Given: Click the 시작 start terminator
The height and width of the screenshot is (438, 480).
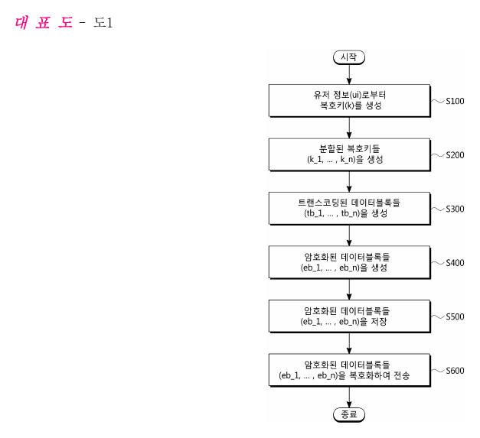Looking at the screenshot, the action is [x=349, y=57].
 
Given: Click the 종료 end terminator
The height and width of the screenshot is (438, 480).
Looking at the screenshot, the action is [x=349, y=415].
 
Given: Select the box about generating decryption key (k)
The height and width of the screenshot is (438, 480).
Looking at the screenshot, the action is [x=350, y=101].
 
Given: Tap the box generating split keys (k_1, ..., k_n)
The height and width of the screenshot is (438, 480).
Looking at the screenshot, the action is [x=350, y=154].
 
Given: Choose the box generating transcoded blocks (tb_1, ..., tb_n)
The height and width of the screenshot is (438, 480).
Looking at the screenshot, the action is [x=350, y=209].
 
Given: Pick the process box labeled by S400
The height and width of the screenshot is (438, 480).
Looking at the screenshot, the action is [x=350, y=262].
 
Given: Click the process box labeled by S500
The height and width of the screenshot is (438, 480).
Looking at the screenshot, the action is [x=350, y=316].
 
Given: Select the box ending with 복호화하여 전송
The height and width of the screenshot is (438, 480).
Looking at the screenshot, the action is [x=350, y=370].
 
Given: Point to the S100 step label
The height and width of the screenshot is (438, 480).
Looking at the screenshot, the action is [x=455, y=101].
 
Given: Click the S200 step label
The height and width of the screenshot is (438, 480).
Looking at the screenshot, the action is [x=455, y=155].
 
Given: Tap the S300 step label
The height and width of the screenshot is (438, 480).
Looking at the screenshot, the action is [x=455, y=209].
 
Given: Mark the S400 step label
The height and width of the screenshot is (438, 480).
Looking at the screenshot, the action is [x=455, y=263].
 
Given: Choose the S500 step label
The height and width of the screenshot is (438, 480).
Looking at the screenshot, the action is [x=455, y=316].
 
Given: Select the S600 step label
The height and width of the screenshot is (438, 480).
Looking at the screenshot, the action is [x=455, y=371].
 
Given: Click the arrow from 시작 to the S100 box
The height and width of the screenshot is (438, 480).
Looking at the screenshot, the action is [x=349, y=75].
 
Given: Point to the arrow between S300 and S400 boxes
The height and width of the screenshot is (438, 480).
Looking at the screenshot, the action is [x=349, y=235].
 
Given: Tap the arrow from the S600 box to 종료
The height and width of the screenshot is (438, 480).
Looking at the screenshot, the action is [x=349, y=397].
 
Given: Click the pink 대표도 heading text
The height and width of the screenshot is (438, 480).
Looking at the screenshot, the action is [x=44, y=23].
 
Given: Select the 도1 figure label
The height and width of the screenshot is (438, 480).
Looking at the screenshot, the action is [x=103, y=23].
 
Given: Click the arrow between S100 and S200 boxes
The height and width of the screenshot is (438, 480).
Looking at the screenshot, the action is [x=349, y=128].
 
